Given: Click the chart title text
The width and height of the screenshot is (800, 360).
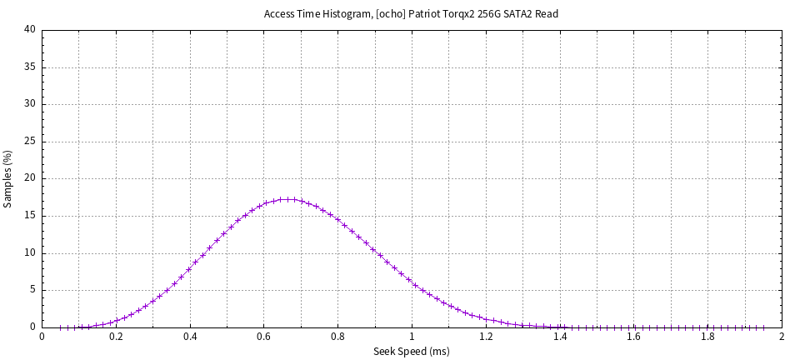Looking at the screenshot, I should [411, 14].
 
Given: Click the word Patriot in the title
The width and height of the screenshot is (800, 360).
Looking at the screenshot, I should [427, 14].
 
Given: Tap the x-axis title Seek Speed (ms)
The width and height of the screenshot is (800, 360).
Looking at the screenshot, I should [411, 352].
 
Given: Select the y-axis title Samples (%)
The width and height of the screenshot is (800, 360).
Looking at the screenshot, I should [8, 178].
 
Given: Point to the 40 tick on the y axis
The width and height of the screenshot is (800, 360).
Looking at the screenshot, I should [30, 30].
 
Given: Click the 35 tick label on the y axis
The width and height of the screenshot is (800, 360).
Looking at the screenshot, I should [30, 67].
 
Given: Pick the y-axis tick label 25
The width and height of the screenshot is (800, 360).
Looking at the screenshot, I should [30, 142].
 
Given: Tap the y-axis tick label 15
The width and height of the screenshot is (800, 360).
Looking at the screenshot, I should [30, 216].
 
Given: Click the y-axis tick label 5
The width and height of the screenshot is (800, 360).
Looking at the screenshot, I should [32, 290].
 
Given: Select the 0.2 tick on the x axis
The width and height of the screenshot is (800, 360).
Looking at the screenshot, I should [116, 337].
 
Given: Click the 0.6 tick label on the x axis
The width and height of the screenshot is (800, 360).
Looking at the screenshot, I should [264, 337].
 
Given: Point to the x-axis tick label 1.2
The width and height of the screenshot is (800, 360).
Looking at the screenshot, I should [486, 337].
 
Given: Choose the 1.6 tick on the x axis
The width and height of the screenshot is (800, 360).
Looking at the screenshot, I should [633, 337].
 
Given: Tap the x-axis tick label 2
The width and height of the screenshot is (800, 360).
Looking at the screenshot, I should [782, 337].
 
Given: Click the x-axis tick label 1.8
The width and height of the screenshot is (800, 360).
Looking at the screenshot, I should [707, 337].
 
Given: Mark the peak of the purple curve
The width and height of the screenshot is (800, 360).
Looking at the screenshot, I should [287, 199].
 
